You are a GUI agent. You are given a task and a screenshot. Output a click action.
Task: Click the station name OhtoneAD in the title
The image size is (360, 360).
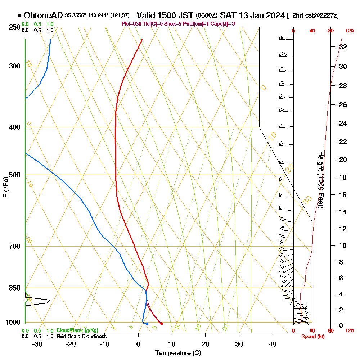(x=44, y=15)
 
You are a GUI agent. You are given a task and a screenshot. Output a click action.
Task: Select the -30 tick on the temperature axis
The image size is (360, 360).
(x=37, y=344)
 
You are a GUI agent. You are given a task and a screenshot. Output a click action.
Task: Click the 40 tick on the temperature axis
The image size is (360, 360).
(x=273, y=344)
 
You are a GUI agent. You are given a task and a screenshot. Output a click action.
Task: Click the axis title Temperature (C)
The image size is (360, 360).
(x=178, y=353)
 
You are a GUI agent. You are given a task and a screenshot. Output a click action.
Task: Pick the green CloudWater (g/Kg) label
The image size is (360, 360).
(x=77, y=330)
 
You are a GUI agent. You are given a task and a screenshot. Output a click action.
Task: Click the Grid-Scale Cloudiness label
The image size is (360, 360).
(x=81, y=336)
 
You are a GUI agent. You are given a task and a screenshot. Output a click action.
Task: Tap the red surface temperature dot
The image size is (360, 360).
(x=162, y=324)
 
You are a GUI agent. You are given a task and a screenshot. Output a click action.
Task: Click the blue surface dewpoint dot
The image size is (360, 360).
(x=147, y=324)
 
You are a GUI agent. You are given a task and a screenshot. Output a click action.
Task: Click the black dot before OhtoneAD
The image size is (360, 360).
(x=19, y=15)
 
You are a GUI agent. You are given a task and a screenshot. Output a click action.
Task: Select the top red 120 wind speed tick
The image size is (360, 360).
(x=349, y=31)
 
